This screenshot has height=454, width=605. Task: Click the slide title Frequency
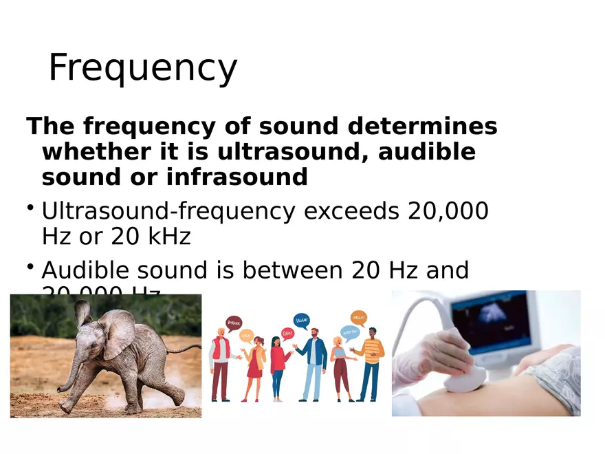[142, 68]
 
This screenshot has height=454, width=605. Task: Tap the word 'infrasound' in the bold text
[236, 177]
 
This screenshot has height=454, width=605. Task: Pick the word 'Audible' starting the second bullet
[89, 271]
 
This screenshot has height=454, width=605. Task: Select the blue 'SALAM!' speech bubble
[301, 320]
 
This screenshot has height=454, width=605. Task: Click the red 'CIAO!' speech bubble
[287, 334]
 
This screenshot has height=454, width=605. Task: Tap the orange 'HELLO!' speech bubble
[358, 318]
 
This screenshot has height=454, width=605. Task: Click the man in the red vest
[220, 365]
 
